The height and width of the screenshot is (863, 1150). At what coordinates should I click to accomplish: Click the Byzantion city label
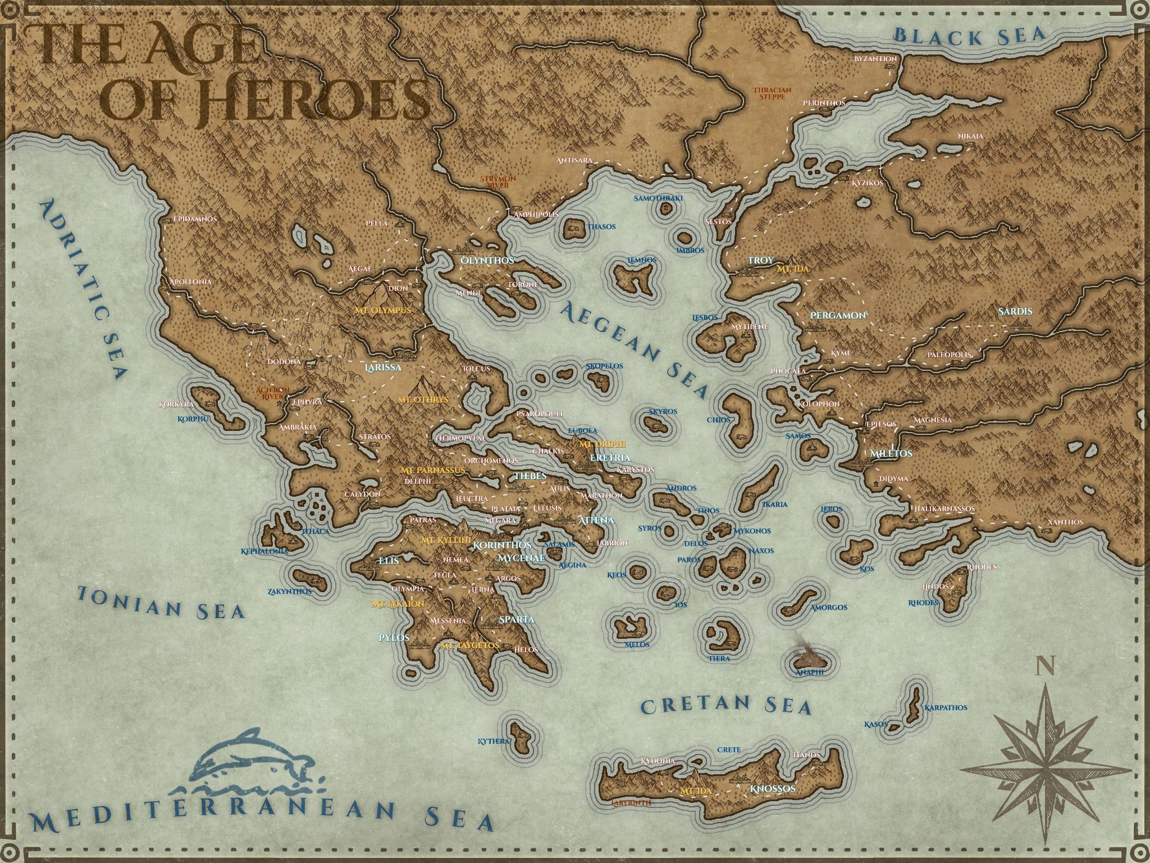[875, 58]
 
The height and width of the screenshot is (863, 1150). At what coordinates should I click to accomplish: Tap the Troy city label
[761, 261]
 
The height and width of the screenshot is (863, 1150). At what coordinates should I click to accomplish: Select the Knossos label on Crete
[773, 789]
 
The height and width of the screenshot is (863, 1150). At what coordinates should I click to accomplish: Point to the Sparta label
[516, 619]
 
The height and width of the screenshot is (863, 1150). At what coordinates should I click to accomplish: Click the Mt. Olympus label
[382, 310]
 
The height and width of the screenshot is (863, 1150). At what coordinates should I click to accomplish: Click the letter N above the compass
[1044, 666]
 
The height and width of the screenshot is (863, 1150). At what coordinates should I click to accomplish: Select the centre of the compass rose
[1046, 769]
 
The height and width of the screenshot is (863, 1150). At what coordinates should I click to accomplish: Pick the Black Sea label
[970, 35]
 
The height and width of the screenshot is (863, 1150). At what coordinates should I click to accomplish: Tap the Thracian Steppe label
[772, 93]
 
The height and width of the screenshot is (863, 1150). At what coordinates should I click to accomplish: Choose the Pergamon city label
[838, 315]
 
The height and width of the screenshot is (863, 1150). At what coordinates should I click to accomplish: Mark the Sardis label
[1015, 311]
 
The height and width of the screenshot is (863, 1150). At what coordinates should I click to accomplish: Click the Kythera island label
[493, 741]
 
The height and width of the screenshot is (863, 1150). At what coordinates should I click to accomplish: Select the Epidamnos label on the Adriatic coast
[194, 219]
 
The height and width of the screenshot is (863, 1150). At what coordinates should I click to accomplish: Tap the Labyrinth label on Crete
[631, 803]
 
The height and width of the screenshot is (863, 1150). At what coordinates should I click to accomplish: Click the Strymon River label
[494, 181]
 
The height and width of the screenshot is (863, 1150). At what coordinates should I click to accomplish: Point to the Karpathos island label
[946, 707]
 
